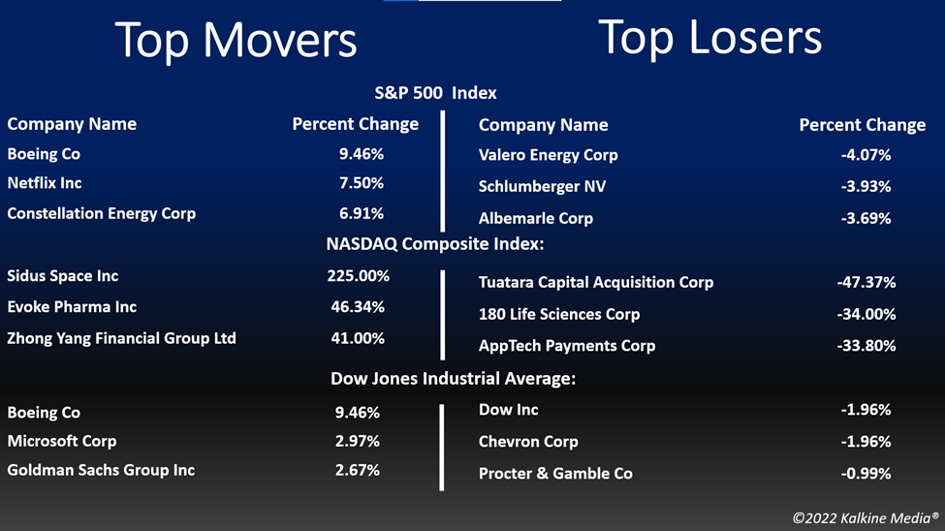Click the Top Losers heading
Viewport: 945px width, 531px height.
[x=709, y=38]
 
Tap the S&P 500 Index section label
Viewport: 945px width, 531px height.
[x=436, y=93]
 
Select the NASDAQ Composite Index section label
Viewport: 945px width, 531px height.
[x=435, y=244]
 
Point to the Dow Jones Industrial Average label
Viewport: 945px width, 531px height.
[x=454, y=379]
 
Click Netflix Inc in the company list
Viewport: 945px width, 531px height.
[x=45, y=183]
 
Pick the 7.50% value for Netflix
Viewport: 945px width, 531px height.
[x=361, y=183]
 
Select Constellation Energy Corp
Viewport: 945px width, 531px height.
[x=101, y=214]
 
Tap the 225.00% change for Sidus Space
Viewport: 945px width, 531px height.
[x=358, y=276]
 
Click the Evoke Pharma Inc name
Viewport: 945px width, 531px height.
[x=72, y=307]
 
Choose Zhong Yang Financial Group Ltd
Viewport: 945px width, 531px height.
[x=122, y=339]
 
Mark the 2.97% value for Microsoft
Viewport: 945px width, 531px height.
[x=358, y=441]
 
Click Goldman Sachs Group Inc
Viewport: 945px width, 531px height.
[x=101, y=471]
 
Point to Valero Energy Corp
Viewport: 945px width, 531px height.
[x=548, y=155]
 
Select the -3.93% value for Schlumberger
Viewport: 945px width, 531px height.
[x=866, y=187]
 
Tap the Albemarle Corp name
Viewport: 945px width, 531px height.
[x=536, y=218]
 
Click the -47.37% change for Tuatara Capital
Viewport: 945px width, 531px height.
[x=866, y=282]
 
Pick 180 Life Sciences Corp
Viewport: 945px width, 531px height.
[x=559, y=315]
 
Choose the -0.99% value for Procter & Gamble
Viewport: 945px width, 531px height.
[x=866, y=474]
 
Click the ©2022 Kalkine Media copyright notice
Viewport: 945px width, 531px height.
[x=866, y=517]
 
